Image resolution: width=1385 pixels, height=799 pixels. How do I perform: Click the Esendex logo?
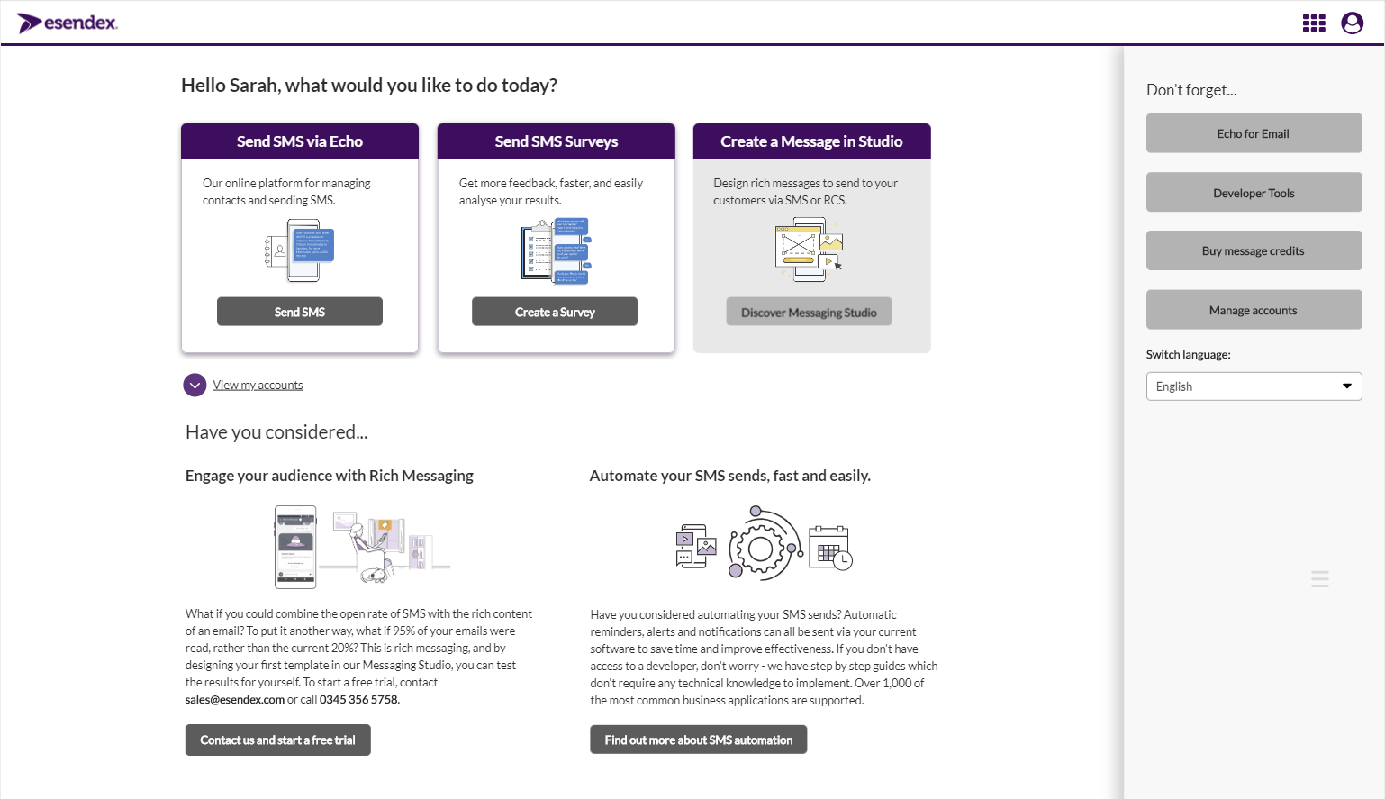[68, 23]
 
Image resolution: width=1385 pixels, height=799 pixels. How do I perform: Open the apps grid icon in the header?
[1314, 23]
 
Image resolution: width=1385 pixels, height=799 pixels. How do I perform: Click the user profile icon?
[1352, 23]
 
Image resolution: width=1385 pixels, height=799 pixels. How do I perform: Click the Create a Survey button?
[555, 312]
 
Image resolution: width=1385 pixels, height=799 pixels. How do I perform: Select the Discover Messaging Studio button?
[809, 312]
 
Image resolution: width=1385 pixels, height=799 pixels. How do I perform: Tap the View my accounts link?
[258, 386]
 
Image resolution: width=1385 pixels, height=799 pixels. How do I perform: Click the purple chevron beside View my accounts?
[195, 386]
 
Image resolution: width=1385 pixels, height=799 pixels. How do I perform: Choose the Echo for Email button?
[1254, 133]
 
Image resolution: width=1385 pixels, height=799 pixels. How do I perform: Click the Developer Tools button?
[1254, 193]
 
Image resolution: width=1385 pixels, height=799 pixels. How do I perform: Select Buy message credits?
[1254, 251]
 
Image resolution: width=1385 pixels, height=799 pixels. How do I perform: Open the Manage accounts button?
[1254, 310]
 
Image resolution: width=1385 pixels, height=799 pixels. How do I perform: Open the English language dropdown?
[1254, 386]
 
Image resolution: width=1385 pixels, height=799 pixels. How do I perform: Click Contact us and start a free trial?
[277, 740]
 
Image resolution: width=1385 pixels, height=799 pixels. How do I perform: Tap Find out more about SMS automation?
[699, 740]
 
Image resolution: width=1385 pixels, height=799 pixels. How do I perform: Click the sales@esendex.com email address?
[235, 700]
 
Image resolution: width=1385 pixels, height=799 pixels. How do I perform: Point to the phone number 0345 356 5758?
[358, 700]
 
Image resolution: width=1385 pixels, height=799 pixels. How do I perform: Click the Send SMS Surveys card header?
[557, 141]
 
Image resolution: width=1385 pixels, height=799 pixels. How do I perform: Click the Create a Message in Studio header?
[811, 141]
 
